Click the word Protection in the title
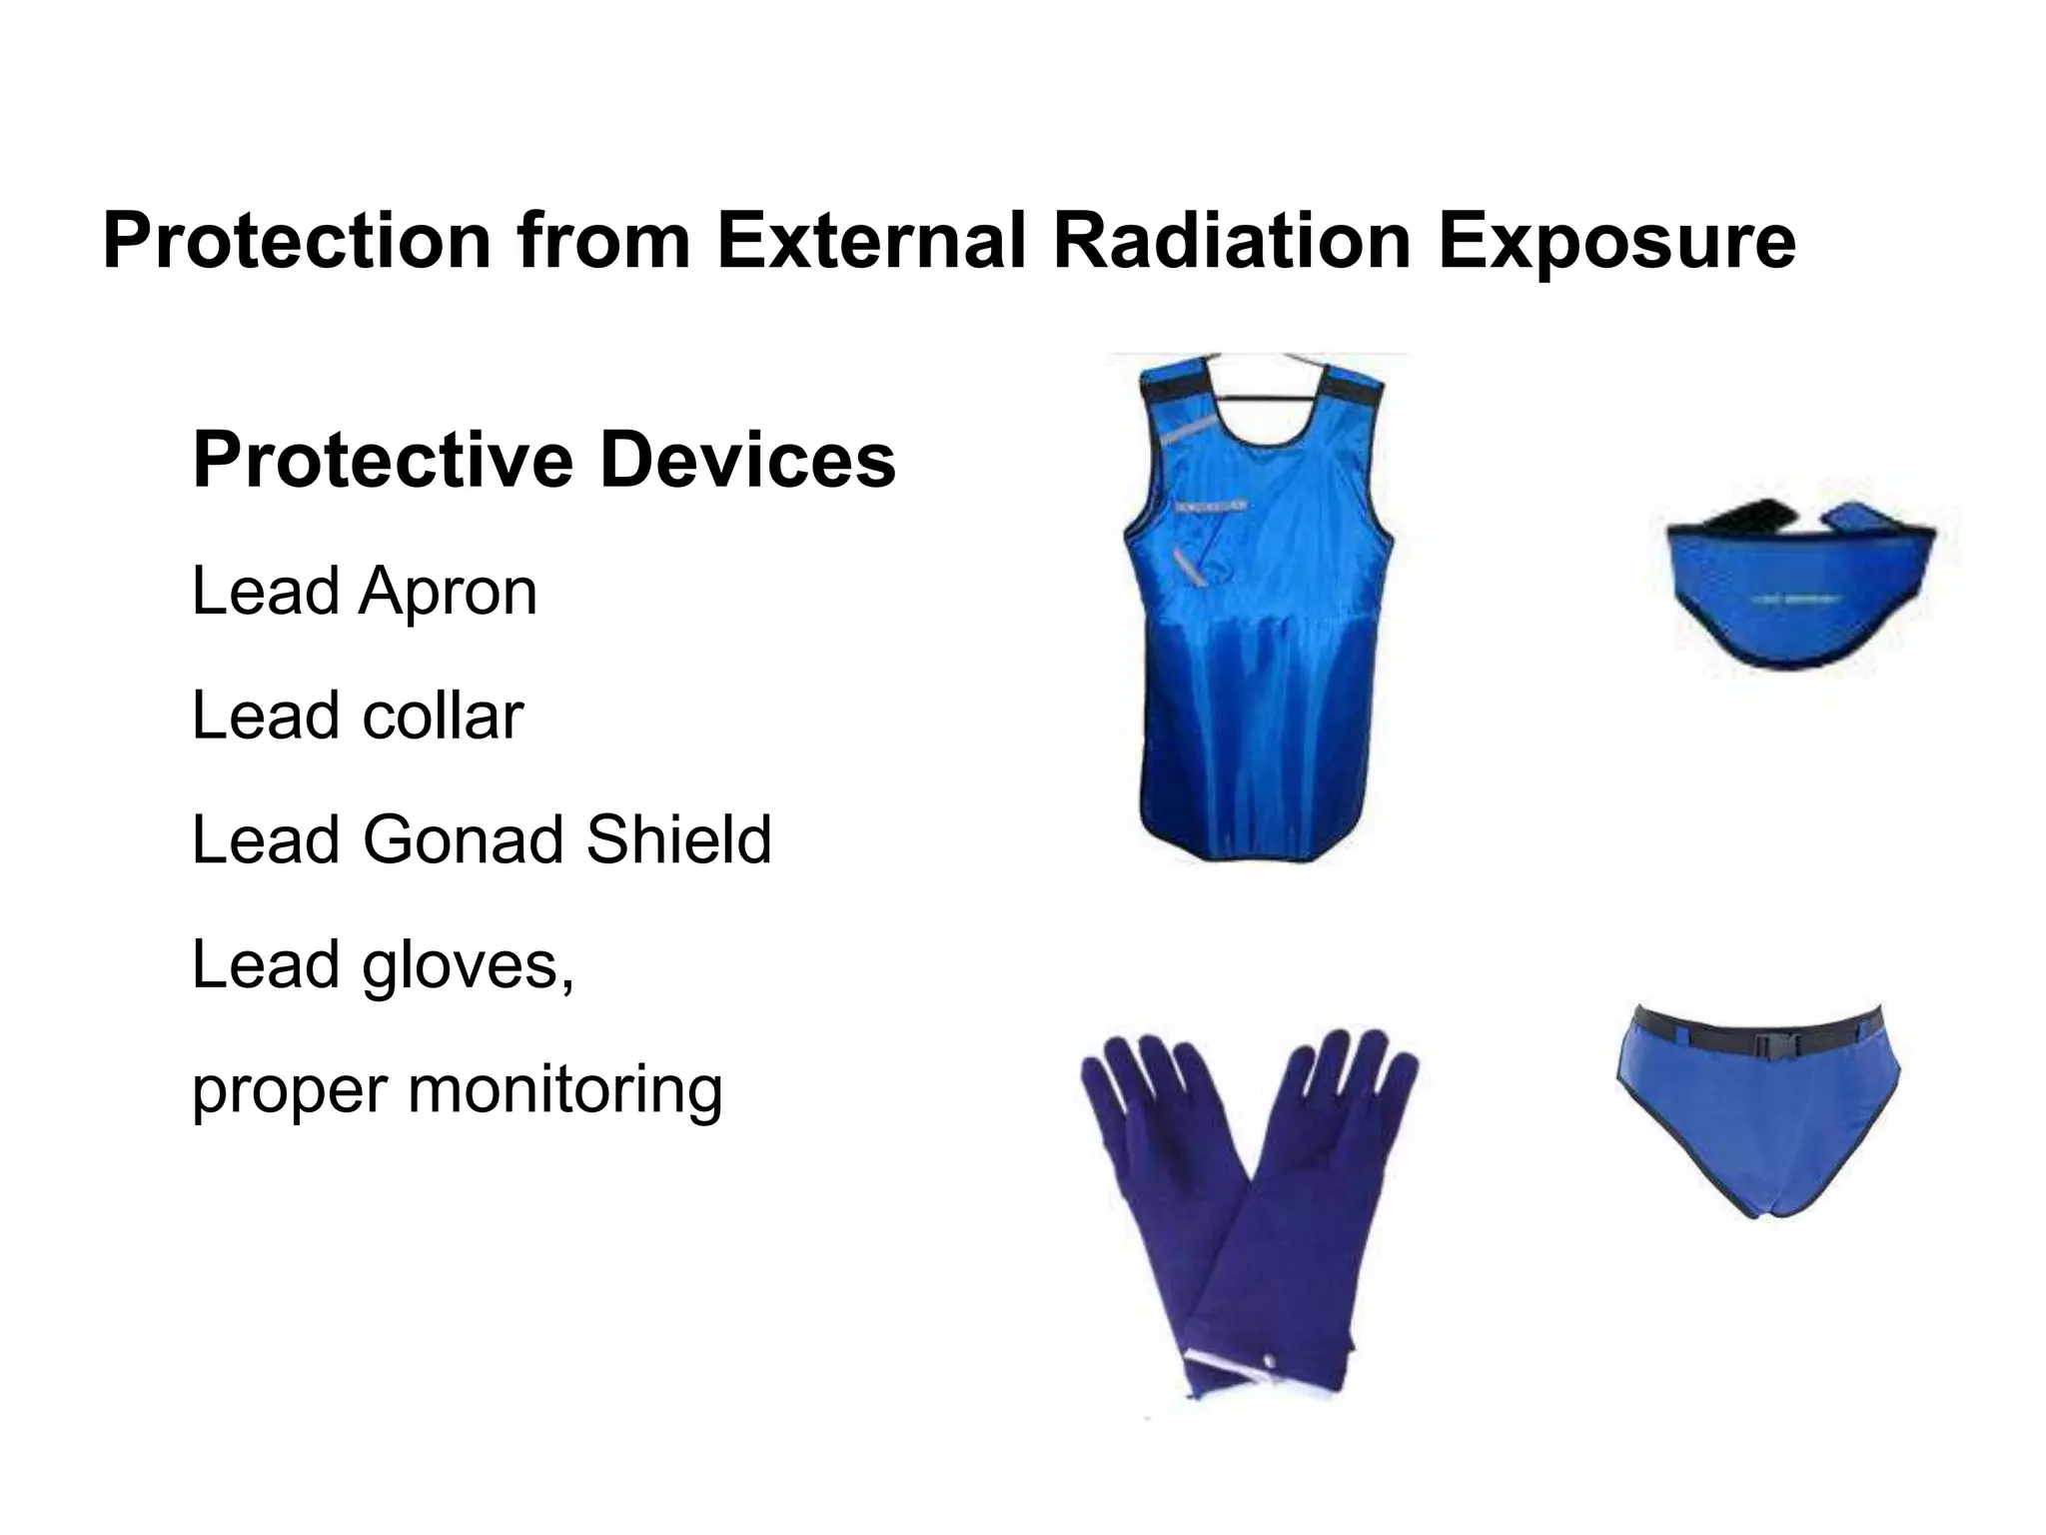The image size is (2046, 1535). click(x=297, y=241)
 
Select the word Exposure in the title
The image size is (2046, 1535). click(x=1616, y=241)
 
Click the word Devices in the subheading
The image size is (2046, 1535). click(x=747, y=460)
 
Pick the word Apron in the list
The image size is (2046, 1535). click(x=448, y=592)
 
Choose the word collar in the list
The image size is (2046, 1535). click(x=442, y=716)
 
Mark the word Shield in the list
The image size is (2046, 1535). click(x=678, y=839)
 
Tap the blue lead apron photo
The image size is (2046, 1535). click(x=1261, y=640)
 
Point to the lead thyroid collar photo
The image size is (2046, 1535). click(x=1798, y=585)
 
